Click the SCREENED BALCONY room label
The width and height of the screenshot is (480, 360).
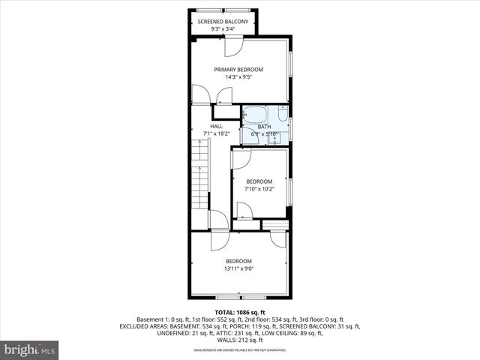[x=223, y=22]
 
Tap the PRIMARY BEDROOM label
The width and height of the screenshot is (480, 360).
[x=238, y=70]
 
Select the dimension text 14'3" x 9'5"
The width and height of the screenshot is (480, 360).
[x=238, y=77]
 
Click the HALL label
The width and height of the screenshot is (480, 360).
[x=216, y=126]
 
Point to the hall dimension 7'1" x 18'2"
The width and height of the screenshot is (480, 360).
[x=216, y=133]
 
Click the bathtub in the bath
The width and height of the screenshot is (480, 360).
[x=255, y=115]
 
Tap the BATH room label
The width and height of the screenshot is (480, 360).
[x=265, y=127]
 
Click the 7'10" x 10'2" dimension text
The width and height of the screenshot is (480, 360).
[x=259, y=188]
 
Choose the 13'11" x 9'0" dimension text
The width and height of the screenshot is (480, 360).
[x=238, y=268]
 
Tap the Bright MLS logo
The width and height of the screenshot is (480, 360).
[x=30, y=349]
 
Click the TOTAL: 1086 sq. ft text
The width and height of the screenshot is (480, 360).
[x=240, y=312]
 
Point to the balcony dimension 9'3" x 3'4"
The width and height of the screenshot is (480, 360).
[x=223, y=29]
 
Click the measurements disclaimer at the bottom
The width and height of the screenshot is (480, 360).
[x=240, y=349]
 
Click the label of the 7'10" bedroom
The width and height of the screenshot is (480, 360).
[x=259, y=181]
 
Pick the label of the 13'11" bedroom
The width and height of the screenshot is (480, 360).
[x=238, y=261]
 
